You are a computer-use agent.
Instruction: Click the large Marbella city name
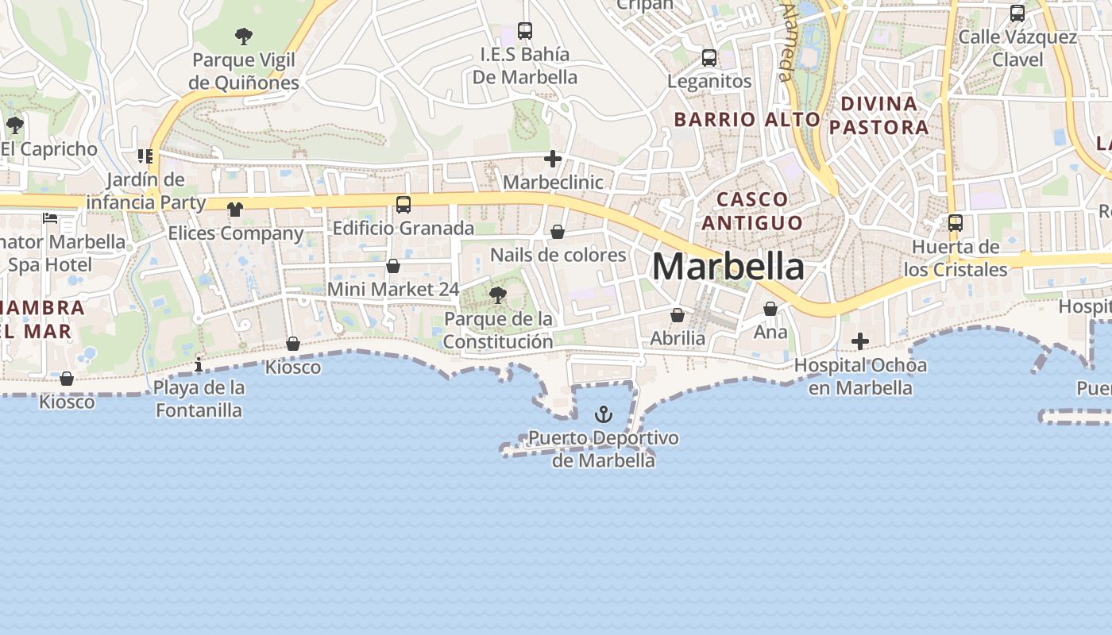pos(728,267)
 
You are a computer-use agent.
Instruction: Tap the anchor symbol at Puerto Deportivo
pos(604,414)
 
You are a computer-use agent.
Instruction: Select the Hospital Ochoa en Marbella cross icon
pos(859,342)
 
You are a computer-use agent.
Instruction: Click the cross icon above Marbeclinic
pos(553,159)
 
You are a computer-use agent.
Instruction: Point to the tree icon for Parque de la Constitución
pos(498,296)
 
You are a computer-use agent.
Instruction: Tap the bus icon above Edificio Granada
pos(403,205)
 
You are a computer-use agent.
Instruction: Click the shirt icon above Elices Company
pos(235,210)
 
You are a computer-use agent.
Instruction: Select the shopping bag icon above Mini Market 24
pos(393,266)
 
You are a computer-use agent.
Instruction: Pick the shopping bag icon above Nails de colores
pos(558,232)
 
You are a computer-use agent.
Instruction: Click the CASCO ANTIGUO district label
pos(751,210)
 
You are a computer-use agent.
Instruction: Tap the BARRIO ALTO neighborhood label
pos(747,120)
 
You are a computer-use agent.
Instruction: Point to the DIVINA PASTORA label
pos(878,115)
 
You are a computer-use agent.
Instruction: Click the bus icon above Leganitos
pos(709,58)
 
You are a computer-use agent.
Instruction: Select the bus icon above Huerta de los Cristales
pos(956,223)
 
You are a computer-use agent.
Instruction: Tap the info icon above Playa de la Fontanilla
pos(199,364)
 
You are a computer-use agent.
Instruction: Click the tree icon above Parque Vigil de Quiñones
pos(244,36)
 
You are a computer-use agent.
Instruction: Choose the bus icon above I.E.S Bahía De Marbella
pos(525,31)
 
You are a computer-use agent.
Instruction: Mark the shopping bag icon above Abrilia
pos(678,315)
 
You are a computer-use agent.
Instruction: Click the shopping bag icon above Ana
pos(770,309)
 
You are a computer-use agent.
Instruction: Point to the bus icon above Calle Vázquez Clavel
pos(1017,13)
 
